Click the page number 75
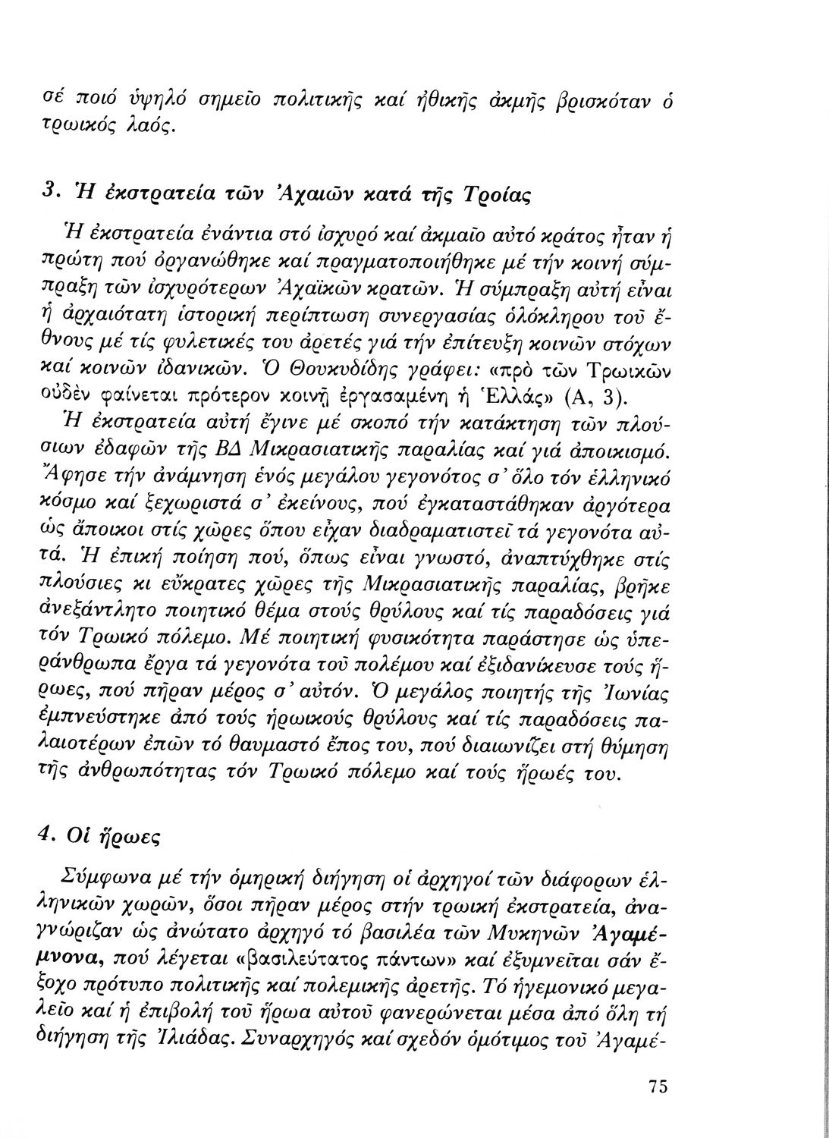pos(658,1086)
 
